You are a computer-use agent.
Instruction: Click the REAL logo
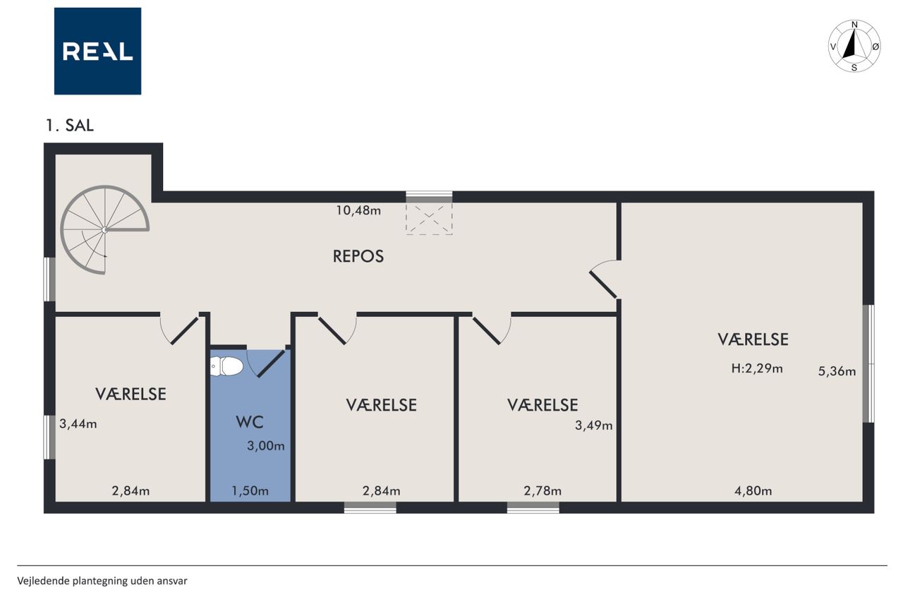[97, 52]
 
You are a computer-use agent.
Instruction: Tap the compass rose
[854, 46]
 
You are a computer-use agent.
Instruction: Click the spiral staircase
[105, 230]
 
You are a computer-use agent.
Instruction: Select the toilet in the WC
[226, 366]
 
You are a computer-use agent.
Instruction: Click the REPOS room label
[358, 256]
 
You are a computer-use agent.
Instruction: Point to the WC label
[250, 422]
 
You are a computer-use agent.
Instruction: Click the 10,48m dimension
[359, 210]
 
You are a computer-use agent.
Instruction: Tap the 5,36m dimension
[837, 371]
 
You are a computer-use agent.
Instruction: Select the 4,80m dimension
[753, 490]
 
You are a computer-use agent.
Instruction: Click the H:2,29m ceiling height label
[757, 368]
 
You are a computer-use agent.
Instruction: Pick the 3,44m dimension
[78, 423]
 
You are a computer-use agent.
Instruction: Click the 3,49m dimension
[594, 426]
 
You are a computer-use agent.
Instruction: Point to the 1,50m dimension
[250, 490]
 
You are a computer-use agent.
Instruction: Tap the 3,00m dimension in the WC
[266, 446]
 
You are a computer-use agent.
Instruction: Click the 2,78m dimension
[543, 490]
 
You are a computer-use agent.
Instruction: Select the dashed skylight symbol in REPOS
[429, 218]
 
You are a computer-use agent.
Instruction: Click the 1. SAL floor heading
[70, 126]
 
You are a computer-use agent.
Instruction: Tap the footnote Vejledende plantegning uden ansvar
[102, 581]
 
